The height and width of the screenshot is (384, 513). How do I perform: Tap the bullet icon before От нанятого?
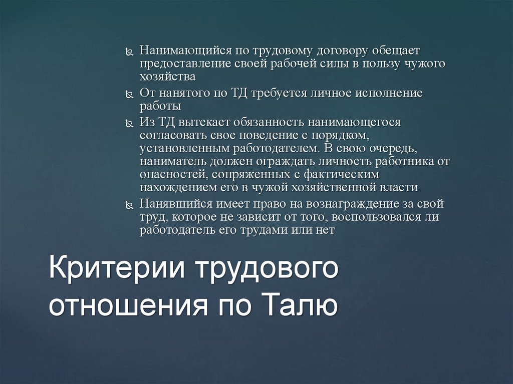point(129,94)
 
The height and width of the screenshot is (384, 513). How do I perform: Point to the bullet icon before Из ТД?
point(129,123)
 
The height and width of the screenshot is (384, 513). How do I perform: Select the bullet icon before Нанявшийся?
point(129,205)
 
